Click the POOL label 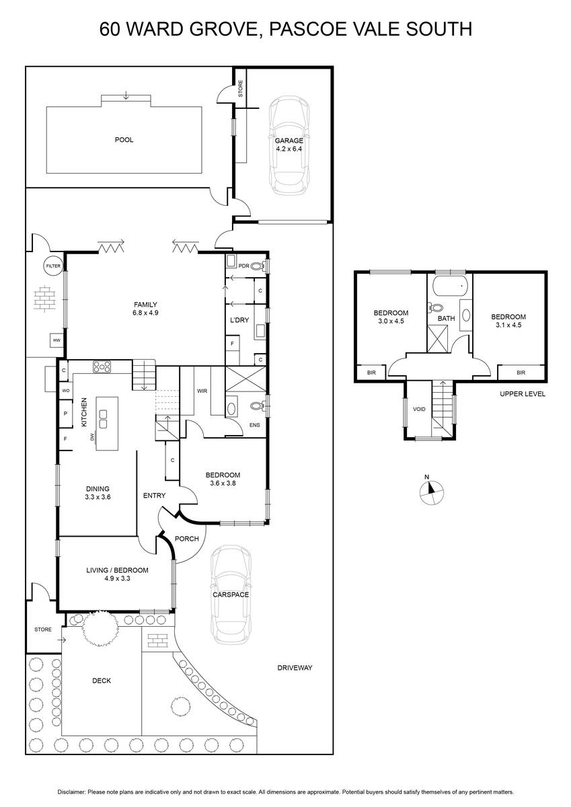click(x=124, y=140)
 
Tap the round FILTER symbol click(x=53, y=266)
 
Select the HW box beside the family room click(x=57, y=340)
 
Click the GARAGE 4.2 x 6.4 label click(x=289, y=145)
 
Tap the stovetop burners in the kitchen click(x=102, y=367)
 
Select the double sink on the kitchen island click(x=104, y=419)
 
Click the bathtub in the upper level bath click(x=450, y=286)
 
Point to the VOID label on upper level click(x=419, y=410)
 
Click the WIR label click(x=202, y=391)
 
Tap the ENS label click(x=255, y=425)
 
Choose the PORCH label click(x=186, y=539)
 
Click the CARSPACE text click(x=231, y=594)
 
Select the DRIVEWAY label click(x=295, y=668)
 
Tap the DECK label click(x=102, y=681)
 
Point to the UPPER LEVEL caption click(x=523, y=394)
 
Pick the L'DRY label click(x=239, y=320)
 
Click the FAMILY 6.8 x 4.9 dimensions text click(x=145, y=309)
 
